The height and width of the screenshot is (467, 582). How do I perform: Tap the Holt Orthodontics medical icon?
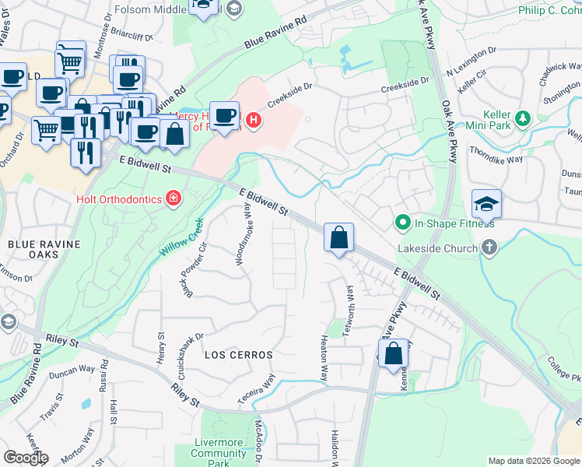pos(176,199)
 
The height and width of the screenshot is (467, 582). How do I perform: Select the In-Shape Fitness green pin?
pos(402,223)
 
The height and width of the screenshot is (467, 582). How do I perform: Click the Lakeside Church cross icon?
pos(489,248)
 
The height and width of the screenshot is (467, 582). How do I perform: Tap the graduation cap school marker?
pos(486,205)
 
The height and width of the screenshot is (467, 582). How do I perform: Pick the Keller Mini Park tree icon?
pos(524,118)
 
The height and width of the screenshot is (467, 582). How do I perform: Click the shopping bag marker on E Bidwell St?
pos(338,238)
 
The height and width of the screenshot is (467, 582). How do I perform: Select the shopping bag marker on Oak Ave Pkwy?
pos(394,354)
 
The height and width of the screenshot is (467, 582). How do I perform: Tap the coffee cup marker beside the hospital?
pos(225,117)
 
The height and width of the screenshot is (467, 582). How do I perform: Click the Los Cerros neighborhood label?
pos(239,355)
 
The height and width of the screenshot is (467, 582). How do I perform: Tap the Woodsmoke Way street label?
pos(244,233)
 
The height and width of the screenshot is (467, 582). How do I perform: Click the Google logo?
pos(26,458)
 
